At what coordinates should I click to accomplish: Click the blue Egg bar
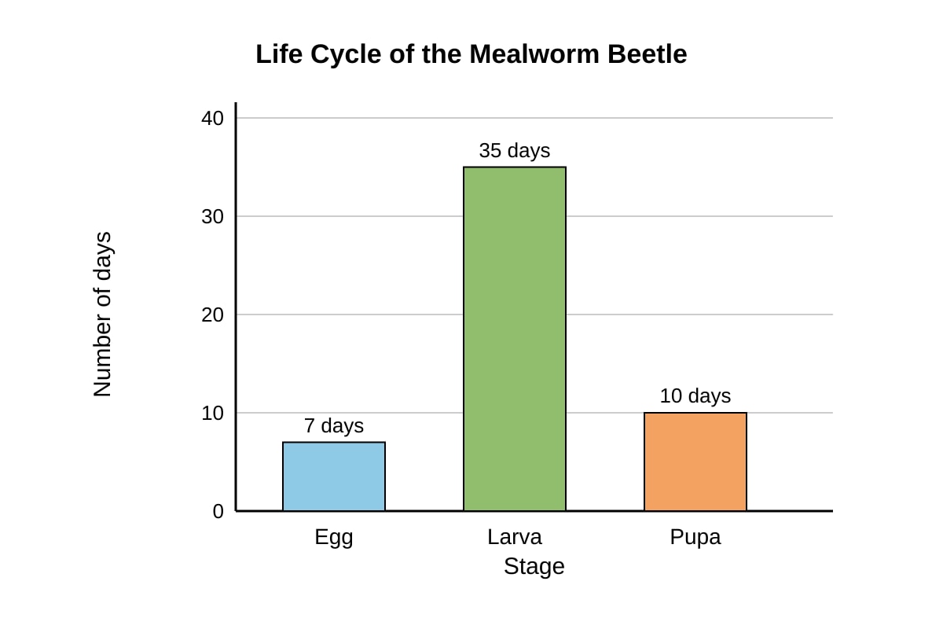click(x=334, y=476)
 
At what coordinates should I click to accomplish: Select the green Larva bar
click(x=515, y=339)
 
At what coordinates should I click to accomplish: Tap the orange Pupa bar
click(x=695, y=462)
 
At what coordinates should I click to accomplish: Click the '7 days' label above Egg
click(x=334, y=425)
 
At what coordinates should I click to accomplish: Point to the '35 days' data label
click(x=515, y=150)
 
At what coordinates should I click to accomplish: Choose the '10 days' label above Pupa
click(x=695, y=395)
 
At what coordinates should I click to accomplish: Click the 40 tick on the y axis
click(x=213, y=118)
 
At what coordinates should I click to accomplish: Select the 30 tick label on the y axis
click(x=213, y=216)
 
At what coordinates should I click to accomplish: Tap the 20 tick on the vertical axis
click(x=213, y=314)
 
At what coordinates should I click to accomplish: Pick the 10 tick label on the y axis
click(x=213, y=414)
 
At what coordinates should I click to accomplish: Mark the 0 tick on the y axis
click(x=218, y=512)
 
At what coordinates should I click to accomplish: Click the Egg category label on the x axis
click(x=334, y=538)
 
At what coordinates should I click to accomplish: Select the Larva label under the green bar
click(x=515, y=537)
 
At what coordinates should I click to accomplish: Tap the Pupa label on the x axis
click(x=695, y=538)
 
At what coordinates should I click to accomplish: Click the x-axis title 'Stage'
click(x=534, y=567)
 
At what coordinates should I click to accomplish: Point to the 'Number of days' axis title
click(x=102, y=314)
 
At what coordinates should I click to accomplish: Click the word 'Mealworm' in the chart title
click(x=534, y=54)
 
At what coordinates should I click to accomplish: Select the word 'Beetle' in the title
click(x=648, y=54)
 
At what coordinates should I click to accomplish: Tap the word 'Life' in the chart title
click(x=279, y=54)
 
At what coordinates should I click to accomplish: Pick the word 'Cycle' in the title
click(x=346, y=55)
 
